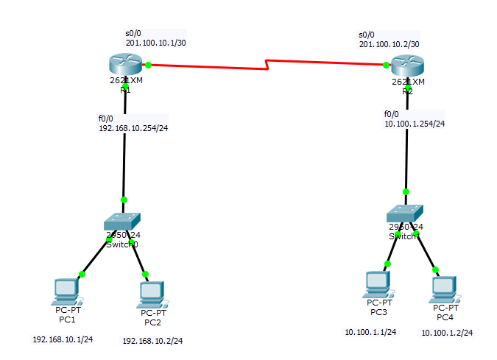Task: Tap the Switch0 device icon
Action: [x=121, y=221]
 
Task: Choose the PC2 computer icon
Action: [x=151, y=294]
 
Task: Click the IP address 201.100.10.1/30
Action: [x=155, y=43]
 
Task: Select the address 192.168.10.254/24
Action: [x=133, y=127]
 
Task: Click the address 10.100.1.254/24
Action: [x=415, y=124]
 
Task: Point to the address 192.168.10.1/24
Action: [x=63, y=339]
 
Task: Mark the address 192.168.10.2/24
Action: [x=152, y=341]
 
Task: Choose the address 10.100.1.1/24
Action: [x=370, y=332]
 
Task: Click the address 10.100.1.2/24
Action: [x=447, y=333]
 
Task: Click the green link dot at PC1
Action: [x=82, y=274]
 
